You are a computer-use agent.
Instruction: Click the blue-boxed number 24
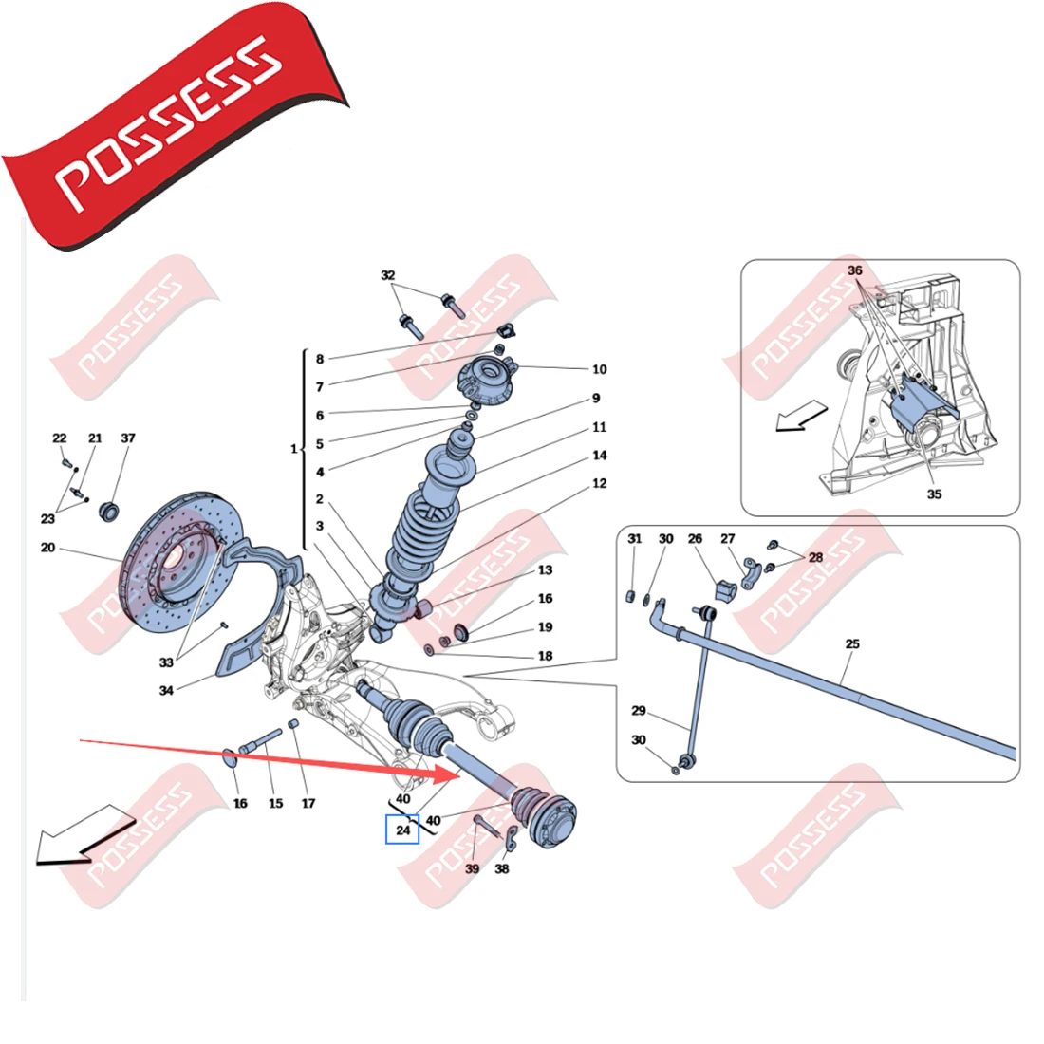[402, 830]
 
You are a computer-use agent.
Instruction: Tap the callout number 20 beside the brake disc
[48, 548]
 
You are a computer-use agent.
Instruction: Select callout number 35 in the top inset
[934, 494]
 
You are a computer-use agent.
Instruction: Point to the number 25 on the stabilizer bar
[852, 643]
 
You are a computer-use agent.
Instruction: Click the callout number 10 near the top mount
[599, 369]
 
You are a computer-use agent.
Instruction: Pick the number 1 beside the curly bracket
[293, 449]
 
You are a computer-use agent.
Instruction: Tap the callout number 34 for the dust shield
[166, 690]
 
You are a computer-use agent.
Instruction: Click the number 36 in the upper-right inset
[855, 270]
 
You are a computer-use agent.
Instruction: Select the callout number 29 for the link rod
[639, 711]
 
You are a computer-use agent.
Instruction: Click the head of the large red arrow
[447, 774]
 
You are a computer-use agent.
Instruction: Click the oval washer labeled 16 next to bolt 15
[229, 758]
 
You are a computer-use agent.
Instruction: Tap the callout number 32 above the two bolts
[387, 275]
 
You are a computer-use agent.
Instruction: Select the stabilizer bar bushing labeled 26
[725, 590]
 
